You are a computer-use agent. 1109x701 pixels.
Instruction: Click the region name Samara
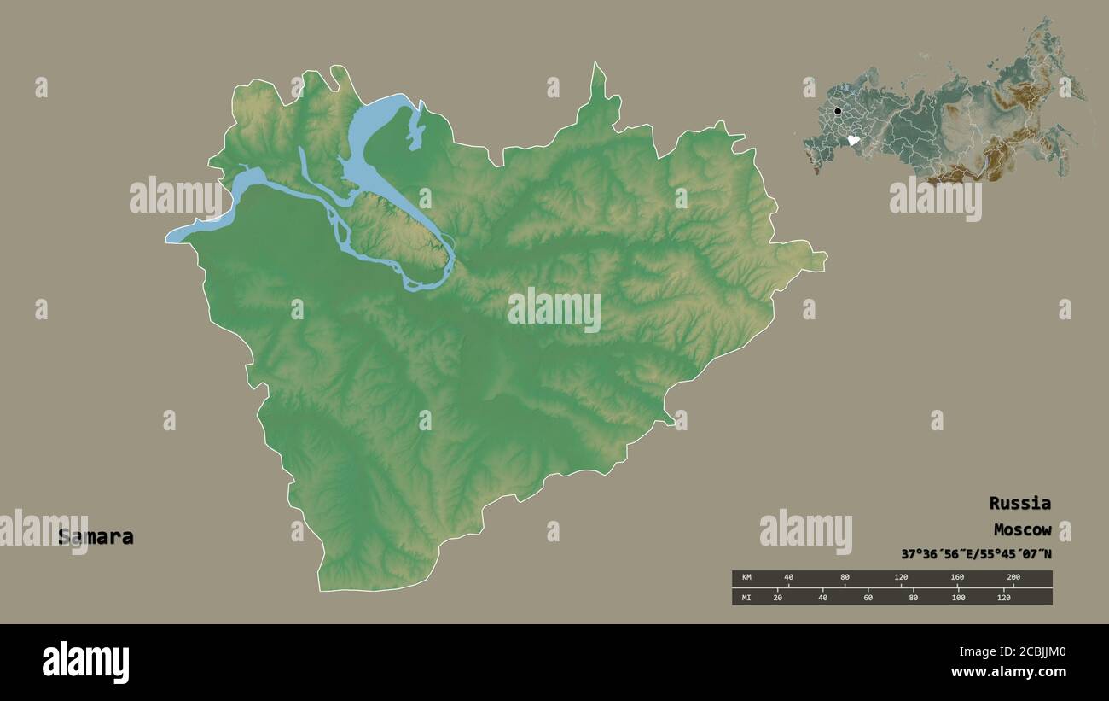[x=96, y=537]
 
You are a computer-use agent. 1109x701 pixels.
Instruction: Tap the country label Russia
[x=1019, y=503]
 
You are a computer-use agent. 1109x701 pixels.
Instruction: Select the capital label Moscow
[x=1022, y=530]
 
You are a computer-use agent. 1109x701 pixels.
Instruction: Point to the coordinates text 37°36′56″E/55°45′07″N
[x=976, y=554]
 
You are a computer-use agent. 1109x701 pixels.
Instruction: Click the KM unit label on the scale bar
[x=746, y=578]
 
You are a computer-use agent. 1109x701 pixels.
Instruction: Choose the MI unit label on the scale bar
[x=746, y=597]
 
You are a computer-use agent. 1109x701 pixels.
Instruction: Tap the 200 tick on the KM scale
[x=1013, y=578]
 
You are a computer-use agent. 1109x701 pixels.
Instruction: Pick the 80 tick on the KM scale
[x=845, y=578]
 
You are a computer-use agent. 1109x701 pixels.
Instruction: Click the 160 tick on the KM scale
[x=956, y=578]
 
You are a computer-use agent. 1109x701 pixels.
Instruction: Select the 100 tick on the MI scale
[x=958, y=597]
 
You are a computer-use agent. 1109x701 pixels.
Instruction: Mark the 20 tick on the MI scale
[x=777, y=597]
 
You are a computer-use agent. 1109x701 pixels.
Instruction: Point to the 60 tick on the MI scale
[x=868, y=597]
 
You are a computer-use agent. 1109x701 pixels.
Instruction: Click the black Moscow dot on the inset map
[x=838, y=111]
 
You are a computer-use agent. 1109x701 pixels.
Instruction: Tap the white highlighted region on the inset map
[x=852, y=140]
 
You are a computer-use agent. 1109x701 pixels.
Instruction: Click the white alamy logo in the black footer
[x=86, y=662]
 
